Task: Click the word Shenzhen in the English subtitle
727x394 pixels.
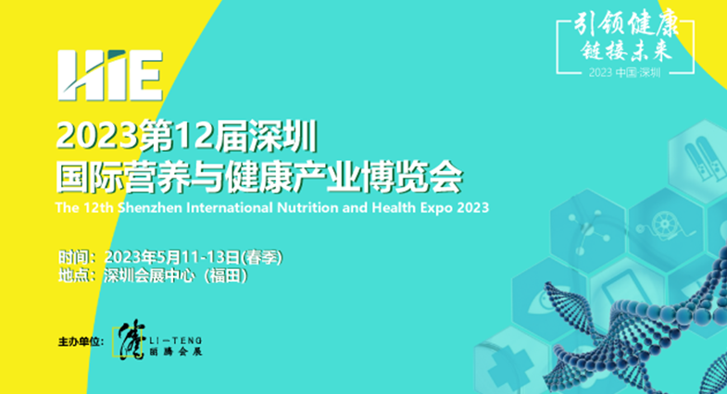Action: pos(145,205)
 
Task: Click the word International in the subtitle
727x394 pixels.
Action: pos(227,205)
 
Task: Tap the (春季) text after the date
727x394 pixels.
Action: pos(262,255)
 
